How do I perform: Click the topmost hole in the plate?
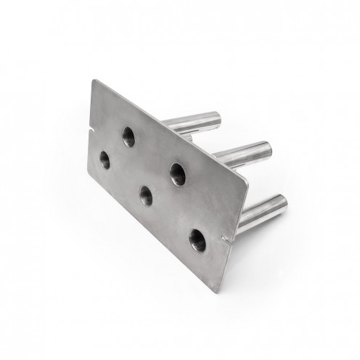pyautogui.click(x=128, y=136)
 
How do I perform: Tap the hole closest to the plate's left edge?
pyautogui.click(x=105, y=160)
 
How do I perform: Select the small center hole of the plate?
pyautogui.click(x=145, y=195)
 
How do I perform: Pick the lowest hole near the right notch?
pyautogui.click(x=197, y=240)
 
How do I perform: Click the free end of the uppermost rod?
pyautogui.click(x=215, y=117)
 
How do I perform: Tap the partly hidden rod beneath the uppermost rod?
pyautogui.click(x=187, y=136)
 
